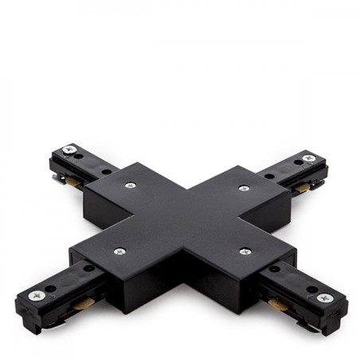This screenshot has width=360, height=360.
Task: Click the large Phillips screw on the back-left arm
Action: (x=69, y=149)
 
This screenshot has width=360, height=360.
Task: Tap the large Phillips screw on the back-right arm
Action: (x=309, y=158)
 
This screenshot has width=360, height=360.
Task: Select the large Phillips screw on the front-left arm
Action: (x=37, y=295)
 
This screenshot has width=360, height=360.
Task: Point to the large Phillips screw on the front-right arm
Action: (x=324, y=298)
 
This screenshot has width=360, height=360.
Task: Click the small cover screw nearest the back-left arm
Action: (x=131, y=185)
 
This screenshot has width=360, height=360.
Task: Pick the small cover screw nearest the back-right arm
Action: (x=244, y=189)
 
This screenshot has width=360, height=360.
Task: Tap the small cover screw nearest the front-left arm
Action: (x=119, y=251)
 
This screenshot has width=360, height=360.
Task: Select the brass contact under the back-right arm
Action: (x=302, y=188)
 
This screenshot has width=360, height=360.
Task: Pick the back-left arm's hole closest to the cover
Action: (x=107, y=170)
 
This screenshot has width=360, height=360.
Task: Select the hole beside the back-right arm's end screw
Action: (x=296, y=162)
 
